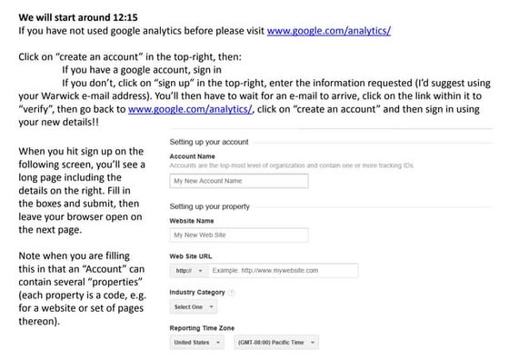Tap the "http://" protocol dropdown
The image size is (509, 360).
tap(186, 271)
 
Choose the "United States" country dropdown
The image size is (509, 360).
tap(195, 342)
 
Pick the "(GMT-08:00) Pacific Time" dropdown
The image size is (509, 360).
tap(274, 342)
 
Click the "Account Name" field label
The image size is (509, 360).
tap(192, 156)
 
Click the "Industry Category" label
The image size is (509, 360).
tap(197, 292)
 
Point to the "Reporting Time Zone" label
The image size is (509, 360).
tap(203, 327)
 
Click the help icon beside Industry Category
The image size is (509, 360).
tap(232, 292)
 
